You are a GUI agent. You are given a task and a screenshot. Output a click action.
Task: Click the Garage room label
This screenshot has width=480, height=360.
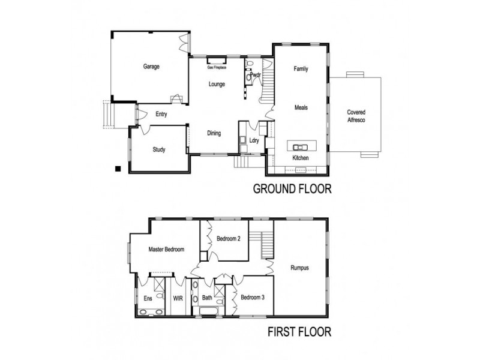151,67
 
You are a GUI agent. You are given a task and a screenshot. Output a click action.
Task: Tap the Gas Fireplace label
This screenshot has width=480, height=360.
216,68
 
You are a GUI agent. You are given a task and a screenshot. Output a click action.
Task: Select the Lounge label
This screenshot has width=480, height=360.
217,84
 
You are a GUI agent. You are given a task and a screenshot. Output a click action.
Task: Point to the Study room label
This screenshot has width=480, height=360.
158,150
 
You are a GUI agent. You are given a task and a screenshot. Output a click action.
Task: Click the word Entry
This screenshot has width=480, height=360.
161,115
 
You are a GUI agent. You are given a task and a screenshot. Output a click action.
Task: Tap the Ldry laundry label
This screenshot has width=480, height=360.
253,142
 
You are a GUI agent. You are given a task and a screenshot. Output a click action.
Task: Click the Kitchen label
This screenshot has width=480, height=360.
300,158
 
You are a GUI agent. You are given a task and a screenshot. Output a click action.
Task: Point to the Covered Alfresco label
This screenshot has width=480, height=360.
356,116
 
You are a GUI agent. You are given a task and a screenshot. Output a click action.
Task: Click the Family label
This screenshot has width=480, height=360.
301,69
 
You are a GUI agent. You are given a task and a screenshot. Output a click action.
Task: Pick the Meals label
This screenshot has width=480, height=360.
301,108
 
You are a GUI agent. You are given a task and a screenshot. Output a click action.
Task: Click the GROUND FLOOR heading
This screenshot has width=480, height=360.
292,190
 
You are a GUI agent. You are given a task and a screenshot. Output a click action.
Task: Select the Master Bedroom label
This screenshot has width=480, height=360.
166,249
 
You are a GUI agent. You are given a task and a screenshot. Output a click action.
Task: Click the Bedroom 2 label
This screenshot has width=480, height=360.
229,239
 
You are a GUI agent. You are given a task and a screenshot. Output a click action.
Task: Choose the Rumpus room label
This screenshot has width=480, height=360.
299,268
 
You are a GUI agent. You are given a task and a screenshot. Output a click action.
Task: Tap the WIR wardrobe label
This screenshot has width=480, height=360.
178,298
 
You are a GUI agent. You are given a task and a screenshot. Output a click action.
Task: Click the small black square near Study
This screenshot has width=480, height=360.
119,168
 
